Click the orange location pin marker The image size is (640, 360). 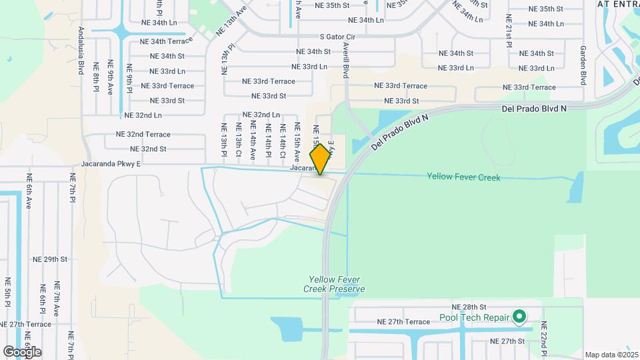[321, 159]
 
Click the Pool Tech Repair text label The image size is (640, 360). [474, 318]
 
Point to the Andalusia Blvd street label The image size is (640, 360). [81, 51]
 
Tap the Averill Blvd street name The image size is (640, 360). [346, 60]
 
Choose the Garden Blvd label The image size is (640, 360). [583, 65]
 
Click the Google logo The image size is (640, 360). [22, 351]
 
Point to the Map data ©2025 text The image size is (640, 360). [611, 355]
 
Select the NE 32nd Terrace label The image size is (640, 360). [143, 134]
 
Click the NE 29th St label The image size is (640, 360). [51, 259]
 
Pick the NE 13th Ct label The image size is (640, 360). [238, 141]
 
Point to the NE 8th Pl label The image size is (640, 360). [97, 78]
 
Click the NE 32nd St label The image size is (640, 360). [148, 149]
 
